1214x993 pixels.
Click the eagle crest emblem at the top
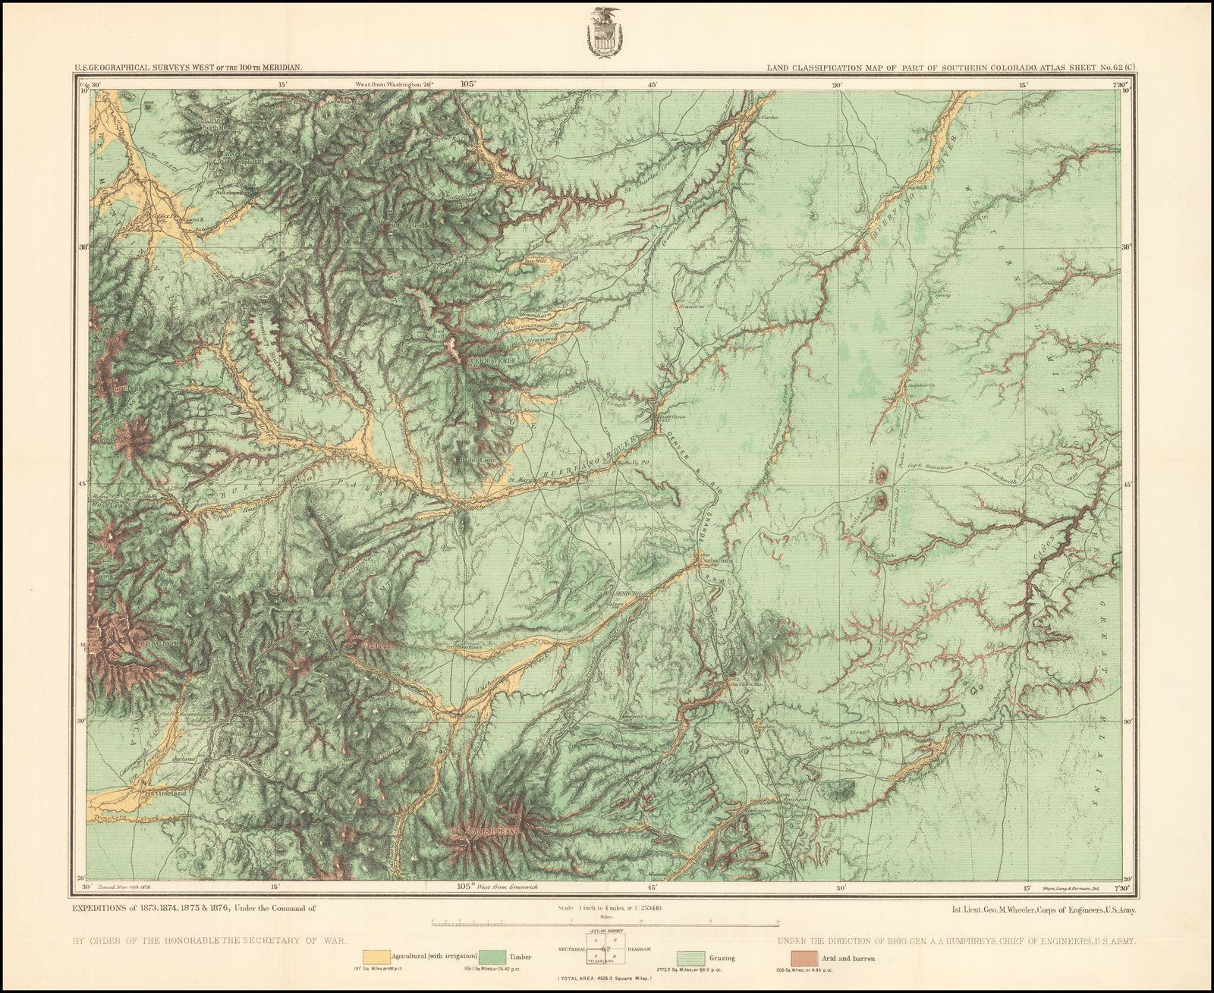click(605, 33)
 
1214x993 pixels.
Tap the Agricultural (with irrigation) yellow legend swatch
click(377, 957)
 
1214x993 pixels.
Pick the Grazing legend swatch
click(691, 957)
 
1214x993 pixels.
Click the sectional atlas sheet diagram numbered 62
click(605, 947)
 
